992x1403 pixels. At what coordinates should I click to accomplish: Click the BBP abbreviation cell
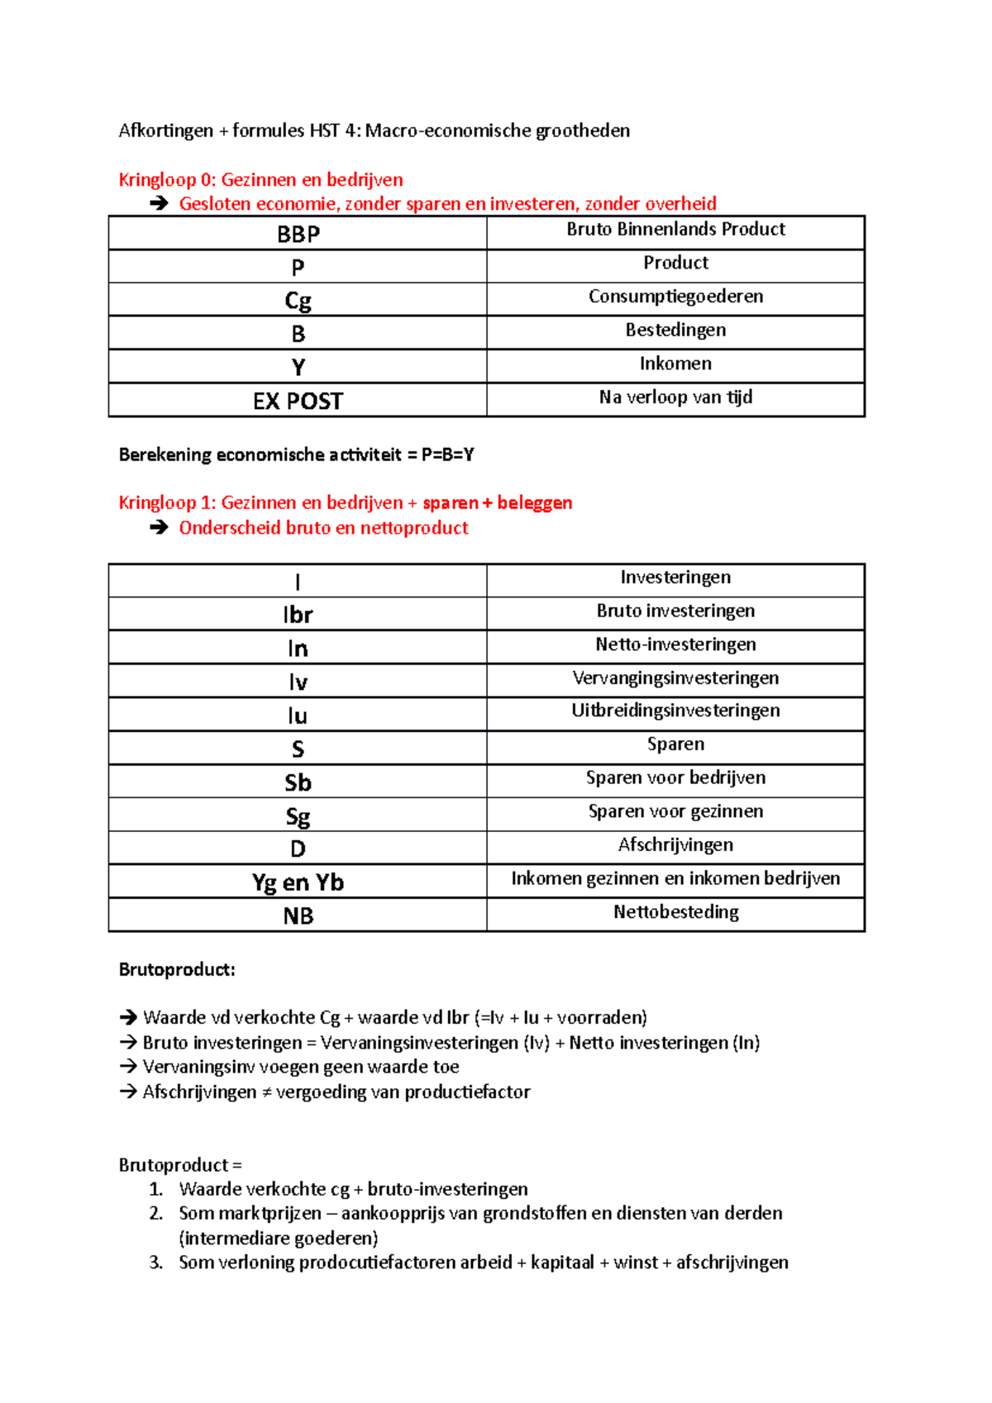298,235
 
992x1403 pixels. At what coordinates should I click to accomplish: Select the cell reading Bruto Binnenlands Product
675,230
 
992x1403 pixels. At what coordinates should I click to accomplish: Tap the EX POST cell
298,402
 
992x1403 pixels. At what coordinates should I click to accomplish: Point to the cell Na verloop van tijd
675,397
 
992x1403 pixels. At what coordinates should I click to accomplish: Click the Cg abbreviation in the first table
298,301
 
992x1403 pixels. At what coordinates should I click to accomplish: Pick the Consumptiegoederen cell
675,297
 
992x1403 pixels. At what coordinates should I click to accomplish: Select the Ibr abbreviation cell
298,616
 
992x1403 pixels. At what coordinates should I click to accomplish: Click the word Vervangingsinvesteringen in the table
675,678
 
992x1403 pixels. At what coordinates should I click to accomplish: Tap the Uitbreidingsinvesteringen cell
675,711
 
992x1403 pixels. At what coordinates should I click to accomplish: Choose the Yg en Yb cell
298,882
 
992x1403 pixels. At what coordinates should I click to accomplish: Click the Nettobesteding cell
675,912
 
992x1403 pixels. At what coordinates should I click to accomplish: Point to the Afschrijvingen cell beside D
675,845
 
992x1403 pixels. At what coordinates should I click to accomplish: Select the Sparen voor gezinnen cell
675,811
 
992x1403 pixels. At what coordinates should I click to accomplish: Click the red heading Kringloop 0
260,180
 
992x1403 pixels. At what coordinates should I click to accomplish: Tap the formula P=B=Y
447,454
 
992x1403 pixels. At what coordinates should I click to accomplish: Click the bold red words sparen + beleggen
497,503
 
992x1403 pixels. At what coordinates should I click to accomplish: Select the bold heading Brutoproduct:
177,970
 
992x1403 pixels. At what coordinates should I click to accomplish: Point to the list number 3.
156,1263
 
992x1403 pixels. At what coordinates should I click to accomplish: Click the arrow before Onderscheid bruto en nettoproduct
160,528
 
